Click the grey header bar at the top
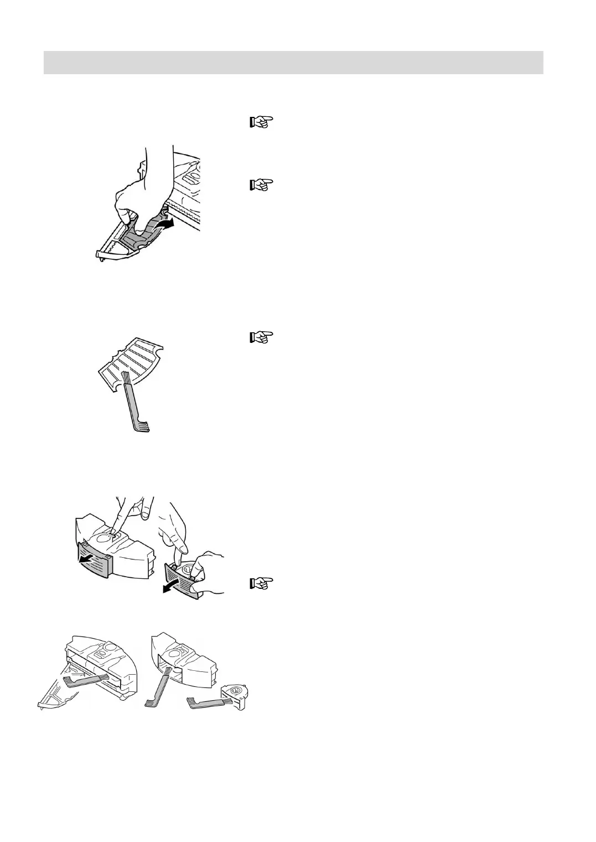293,62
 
